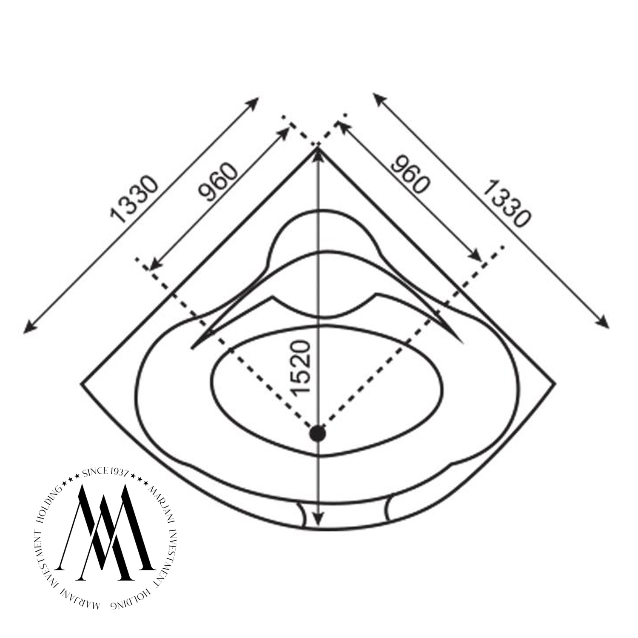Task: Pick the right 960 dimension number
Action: tap(408, 174)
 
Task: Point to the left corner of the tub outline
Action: tap(81, 384)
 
